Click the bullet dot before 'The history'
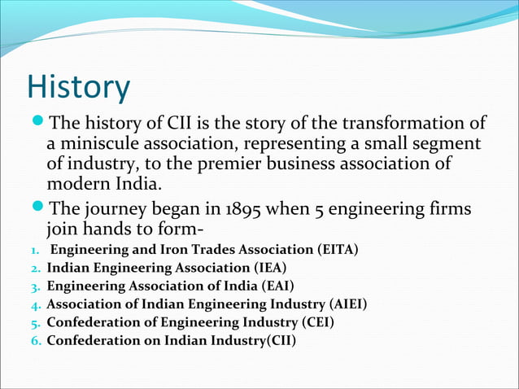click(x=37, y=125)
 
